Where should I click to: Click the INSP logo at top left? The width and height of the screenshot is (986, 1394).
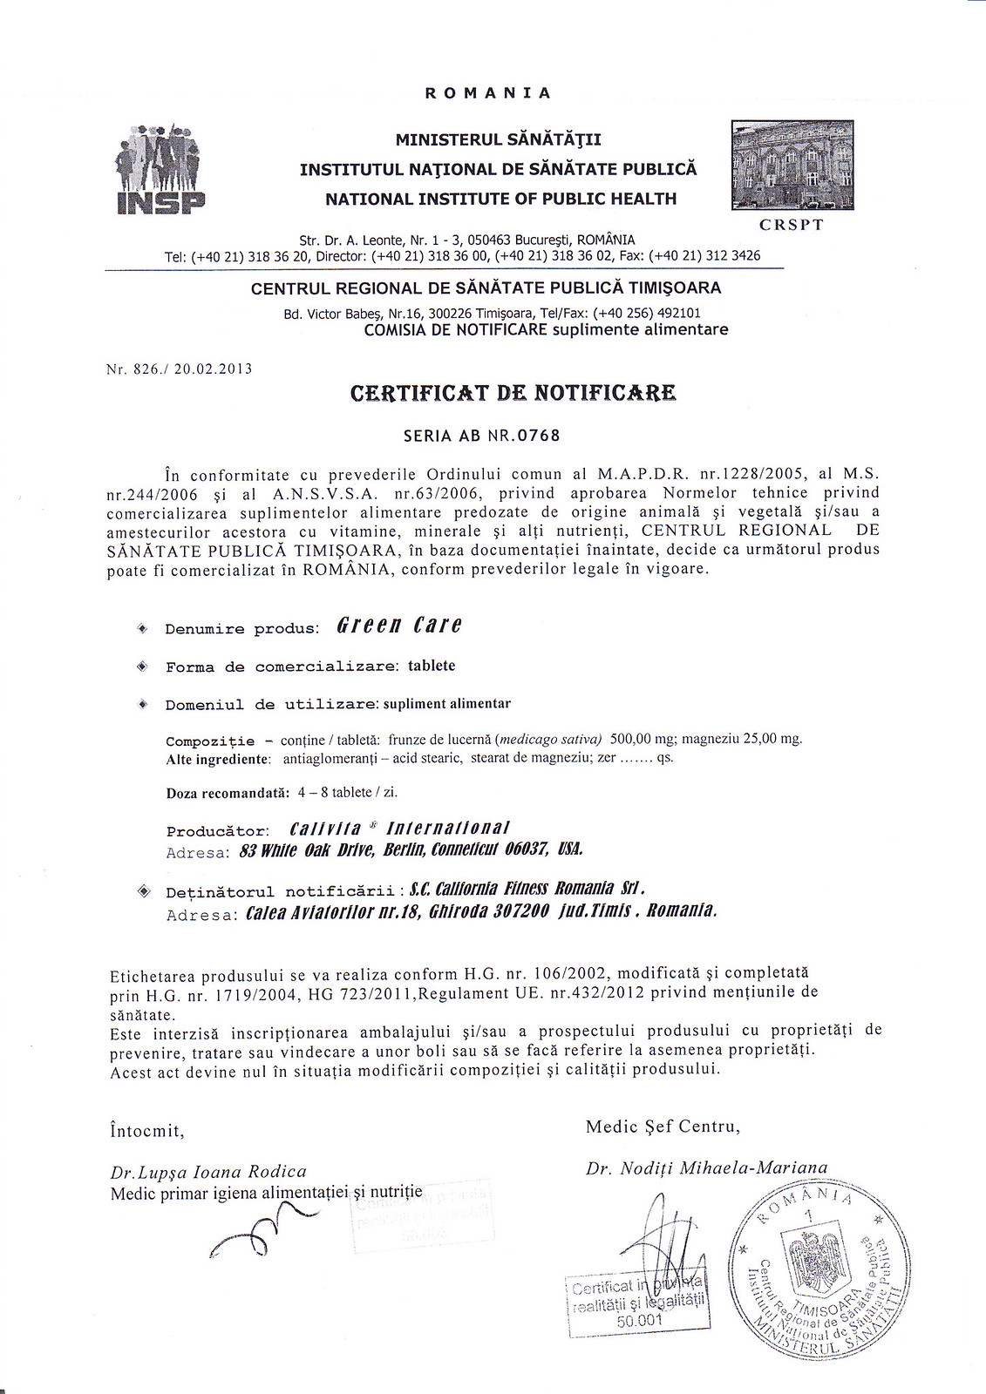tap(161, 169)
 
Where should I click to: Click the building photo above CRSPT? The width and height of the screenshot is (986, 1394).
tap(792, 166)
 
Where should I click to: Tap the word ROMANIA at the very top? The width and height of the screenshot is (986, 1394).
tap(487, 93)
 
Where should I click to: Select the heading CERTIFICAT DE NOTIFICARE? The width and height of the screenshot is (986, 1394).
tap(513, 393)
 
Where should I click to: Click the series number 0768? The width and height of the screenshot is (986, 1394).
tap(538, 436)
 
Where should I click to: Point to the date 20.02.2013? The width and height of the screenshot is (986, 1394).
tap(213, 369)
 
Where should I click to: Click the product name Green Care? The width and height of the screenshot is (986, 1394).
tap(399, 626)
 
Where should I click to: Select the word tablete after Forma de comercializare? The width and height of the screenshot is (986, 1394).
tap(432, 666)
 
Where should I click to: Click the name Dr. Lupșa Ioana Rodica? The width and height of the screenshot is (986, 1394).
tap(208, 1172)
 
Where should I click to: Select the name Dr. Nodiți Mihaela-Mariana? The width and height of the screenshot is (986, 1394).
tap(706, 1167)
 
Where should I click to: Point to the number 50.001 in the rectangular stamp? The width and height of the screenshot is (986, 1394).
tap(640, 1320)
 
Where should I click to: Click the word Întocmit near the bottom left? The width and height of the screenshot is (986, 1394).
tap(147, 1131)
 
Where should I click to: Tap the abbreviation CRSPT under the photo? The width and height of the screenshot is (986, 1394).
tap(791, 224)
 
